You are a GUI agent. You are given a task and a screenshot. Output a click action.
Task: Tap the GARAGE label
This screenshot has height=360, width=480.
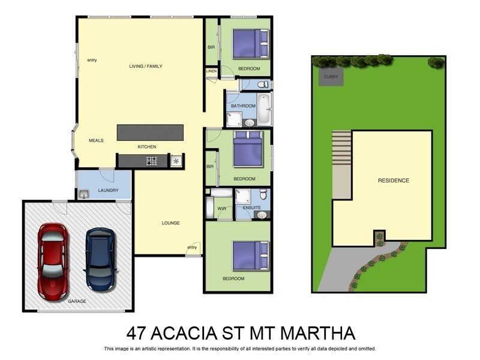pyautogui.click(x=77, y=301)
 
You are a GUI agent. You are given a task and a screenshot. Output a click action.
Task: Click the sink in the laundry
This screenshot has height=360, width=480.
pyautogui.click(x=83, y=193)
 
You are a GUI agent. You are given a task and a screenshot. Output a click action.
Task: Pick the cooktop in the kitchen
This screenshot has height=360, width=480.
pyautogui.click(x=152, y=161)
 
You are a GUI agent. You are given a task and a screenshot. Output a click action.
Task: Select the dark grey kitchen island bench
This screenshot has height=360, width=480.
pyautogui.click(x=150, y=133)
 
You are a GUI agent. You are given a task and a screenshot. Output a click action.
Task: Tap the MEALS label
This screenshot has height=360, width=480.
pyautogui.click(x=96, y=140)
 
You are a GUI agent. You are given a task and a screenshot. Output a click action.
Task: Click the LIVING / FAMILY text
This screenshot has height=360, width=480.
pyautogui.click(x=146, y=66)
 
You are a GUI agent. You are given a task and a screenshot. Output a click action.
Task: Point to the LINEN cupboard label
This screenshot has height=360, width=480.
pyautogui.click(x=211, y=71)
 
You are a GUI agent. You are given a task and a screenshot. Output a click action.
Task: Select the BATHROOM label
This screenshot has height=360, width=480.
pyautogui.click(x=243, y=106)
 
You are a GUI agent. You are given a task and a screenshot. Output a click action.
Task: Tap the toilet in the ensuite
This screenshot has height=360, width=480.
pyautogui.click(x=263, y=195)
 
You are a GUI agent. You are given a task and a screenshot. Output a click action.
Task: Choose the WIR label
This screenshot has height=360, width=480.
pyautogui.click(x=221, y=209)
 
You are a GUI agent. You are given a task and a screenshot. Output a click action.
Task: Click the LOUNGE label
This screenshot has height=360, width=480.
pyautogui.click(x=170, y=223)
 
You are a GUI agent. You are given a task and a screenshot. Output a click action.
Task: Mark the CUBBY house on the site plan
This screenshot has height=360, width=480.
pyautogui.click(x=331, y=77)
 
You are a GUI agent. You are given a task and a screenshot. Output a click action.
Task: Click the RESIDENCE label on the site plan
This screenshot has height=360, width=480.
pyautogui.click(x=393, y=181)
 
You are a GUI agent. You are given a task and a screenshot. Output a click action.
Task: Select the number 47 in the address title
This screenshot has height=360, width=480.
pyautogui.click(x=139, y=333)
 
